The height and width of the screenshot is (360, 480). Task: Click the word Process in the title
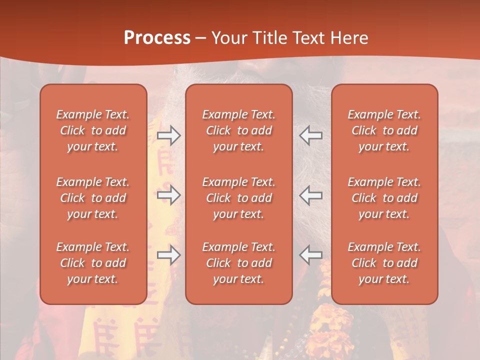[x=157, y=38]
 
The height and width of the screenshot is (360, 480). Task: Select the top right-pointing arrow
[x=168, y=135]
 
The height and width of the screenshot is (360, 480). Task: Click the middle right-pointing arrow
[x=168, y=195]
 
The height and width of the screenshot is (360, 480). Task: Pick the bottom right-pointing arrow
[x=168, y=255]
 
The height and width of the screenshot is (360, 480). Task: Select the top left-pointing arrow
[x=311, y=135]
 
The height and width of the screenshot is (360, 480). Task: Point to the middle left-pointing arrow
[x=311, y=195]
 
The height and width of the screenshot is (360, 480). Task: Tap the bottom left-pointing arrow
[x=311, y=255]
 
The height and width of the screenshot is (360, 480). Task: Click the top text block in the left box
[x=93, y=130]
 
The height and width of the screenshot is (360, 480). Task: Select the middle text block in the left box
[x=93, y=198]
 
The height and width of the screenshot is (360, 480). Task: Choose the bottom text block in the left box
[x=93, y=263]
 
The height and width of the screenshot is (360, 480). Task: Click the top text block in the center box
[x=239, y=130]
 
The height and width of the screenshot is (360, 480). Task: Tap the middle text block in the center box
[x=239, y=198]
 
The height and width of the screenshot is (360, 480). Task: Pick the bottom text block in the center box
[x=239, y=263]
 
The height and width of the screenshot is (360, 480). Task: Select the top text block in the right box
[x=384, y=130]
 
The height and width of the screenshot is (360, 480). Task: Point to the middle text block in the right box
[x=384, y=198]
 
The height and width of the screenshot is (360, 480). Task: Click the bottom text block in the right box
[x=384, y=263]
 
